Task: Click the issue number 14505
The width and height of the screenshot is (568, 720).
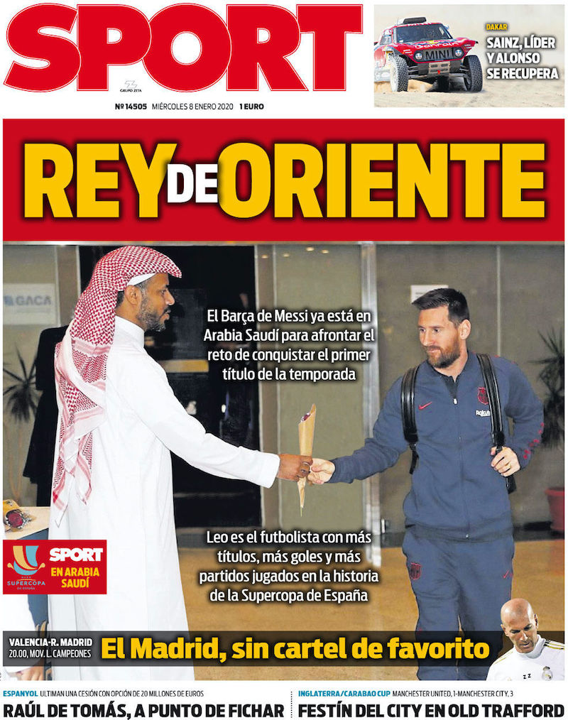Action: click(130, 107)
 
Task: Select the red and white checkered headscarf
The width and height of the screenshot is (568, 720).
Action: click(106, 334)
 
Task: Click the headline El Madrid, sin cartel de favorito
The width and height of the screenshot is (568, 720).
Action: click(295, 648)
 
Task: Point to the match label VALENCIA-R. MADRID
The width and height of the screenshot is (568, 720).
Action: click(50, 643)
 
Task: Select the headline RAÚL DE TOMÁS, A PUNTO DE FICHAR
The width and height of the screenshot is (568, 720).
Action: click(143, 709)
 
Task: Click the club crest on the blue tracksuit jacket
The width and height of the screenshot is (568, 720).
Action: click(483, 396)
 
